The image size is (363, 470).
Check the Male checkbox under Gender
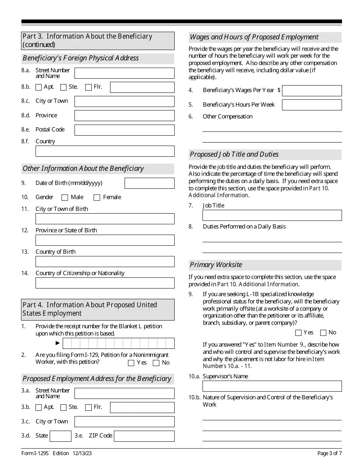pyautogui.click(x=65, y=198)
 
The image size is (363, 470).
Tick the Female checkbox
pyautogui.click(x=97, y=198)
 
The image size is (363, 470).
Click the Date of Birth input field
pyautogui.click(x=149, y=183)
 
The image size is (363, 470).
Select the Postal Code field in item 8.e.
pyautogui.click(x=124, y=130)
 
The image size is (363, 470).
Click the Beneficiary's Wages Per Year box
pyautogui.click(x=312, y=91)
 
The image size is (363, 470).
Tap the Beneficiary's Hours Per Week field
pyautogui.click(x=312, y=105)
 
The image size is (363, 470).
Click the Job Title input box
pyautogui.click(x=272, y=215)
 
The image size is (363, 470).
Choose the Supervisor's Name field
pyautogui.click(x=272, y=386)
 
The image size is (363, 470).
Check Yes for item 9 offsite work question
pyautogui.click(x=298, y=333)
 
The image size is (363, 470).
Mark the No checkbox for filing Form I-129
pyautogui.click(x=156, y=363)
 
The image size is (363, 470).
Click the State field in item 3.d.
pyautogui.click(x=60, y=436)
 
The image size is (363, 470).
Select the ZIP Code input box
pyautogui.click(x=144, y=436)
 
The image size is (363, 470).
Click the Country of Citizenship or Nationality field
pyautogui.click(x=105, y=283)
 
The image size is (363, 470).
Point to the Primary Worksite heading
pyautogui.click(x=216, y=265)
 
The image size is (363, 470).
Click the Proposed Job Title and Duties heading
pyautogui.click(x=234, y=154)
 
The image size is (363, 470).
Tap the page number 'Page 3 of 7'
pyautogui.click(x=329, y=454)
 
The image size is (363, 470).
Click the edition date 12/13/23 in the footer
pyautogui.click(x=81, y=454)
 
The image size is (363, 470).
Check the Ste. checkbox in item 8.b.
pyautogui.click(x=63, y=87)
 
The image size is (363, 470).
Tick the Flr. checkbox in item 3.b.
pyautogui.click(x=88, y=407)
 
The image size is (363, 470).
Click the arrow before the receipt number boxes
pyautogui.click(x=58, y=343)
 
